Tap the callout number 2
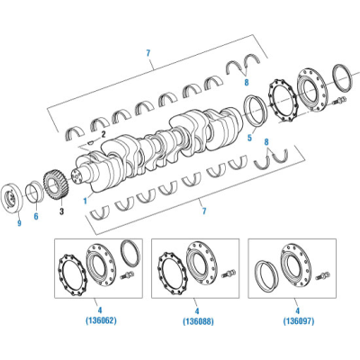pyautogui.click(x=103, y=133)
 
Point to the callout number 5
pyautogui.click(x=249, y=139)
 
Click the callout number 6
pyautogui.click(x=36, y=216)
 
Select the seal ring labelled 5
pyautogui.click(x=258, y=115)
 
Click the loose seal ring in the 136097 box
pyautogui.click(x=266, y=274)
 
